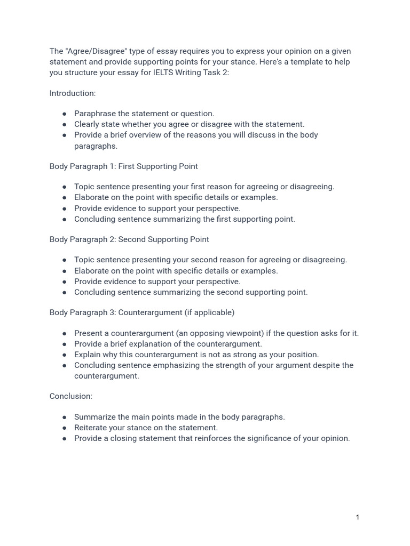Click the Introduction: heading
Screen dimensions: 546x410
pyautogui.click(x=73, y=93)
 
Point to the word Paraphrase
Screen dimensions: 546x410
pyautogui.click(x=94, y=114)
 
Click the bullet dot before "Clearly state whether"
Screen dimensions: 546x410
pyautogui.click(x=65, y=124)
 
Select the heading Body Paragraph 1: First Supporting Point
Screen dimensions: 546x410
pyautogui.click(x=123, y=166)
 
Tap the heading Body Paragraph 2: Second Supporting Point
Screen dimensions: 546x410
pyautogui.click(x=129, y=239)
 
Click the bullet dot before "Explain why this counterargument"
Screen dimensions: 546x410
pyautogui.click(x=65, y=355)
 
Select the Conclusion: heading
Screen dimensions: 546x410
pyautogui.click(x=71, y=396)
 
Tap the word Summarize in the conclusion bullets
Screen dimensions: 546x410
pyautogui.click(x=94, y=417)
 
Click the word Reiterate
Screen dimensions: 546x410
pyautogui.click(x=90, y=428)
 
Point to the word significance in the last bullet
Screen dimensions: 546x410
pyautogui.click(x=279, y=438)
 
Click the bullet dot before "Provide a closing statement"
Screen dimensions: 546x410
pyautogui.click(x=65, y=438)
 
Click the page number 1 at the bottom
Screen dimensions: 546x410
pyautogui.click(x=358, y=517)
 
